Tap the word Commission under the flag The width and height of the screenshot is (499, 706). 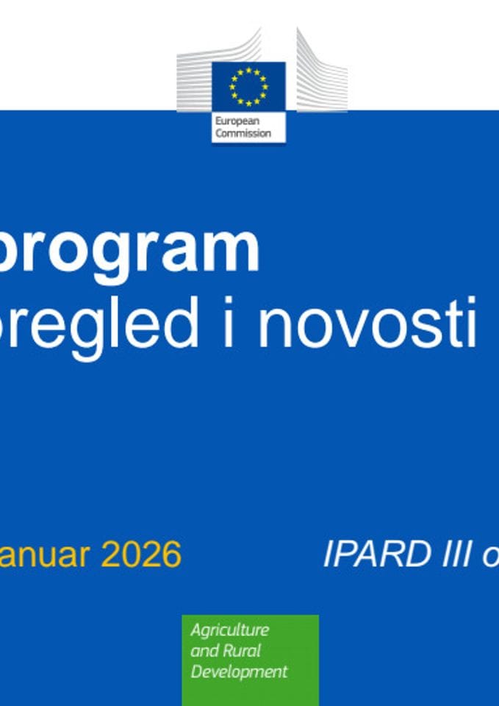(x=243, y=133)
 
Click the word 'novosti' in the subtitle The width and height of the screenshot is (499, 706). (x=367, y=323)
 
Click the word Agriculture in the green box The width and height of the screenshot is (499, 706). (x=229, y=630)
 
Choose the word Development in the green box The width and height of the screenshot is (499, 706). (x=239, y=671)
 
